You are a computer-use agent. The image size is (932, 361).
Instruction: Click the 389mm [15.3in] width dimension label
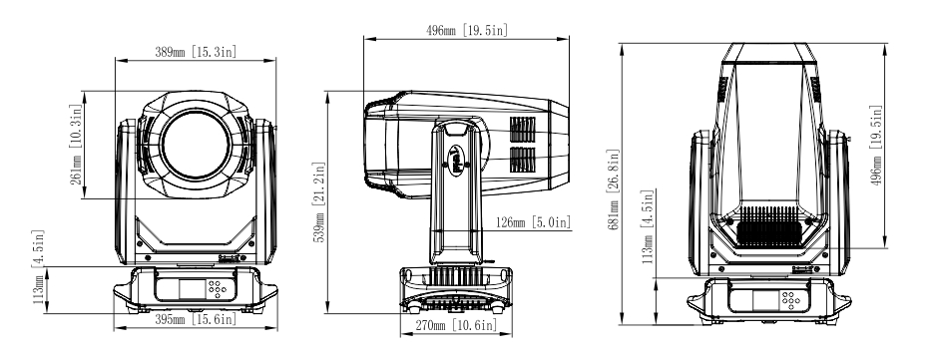point(196,52)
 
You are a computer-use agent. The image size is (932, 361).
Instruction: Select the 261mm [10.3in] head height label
point(76,145)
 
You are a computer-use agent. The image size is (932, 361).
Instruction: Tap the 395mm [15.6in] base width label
point(196,320)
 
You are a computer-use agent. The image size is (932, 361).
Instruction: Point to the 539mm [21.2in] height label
point(318,201)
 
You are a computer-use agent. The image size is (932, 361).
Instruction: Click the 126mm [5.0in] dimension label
point(533,222)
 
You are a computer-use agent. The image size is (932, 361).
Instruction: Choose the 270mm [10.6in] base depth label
point(455,325)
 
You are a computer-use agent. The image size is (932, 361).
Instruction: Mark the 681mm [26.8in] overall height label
point(614,188)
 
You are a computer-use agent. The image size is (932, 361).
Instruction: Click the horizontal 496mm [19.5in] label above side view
point(467,30)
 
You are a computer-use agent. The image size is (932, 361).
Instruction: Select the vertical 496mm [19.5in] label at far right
point(876,146)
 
